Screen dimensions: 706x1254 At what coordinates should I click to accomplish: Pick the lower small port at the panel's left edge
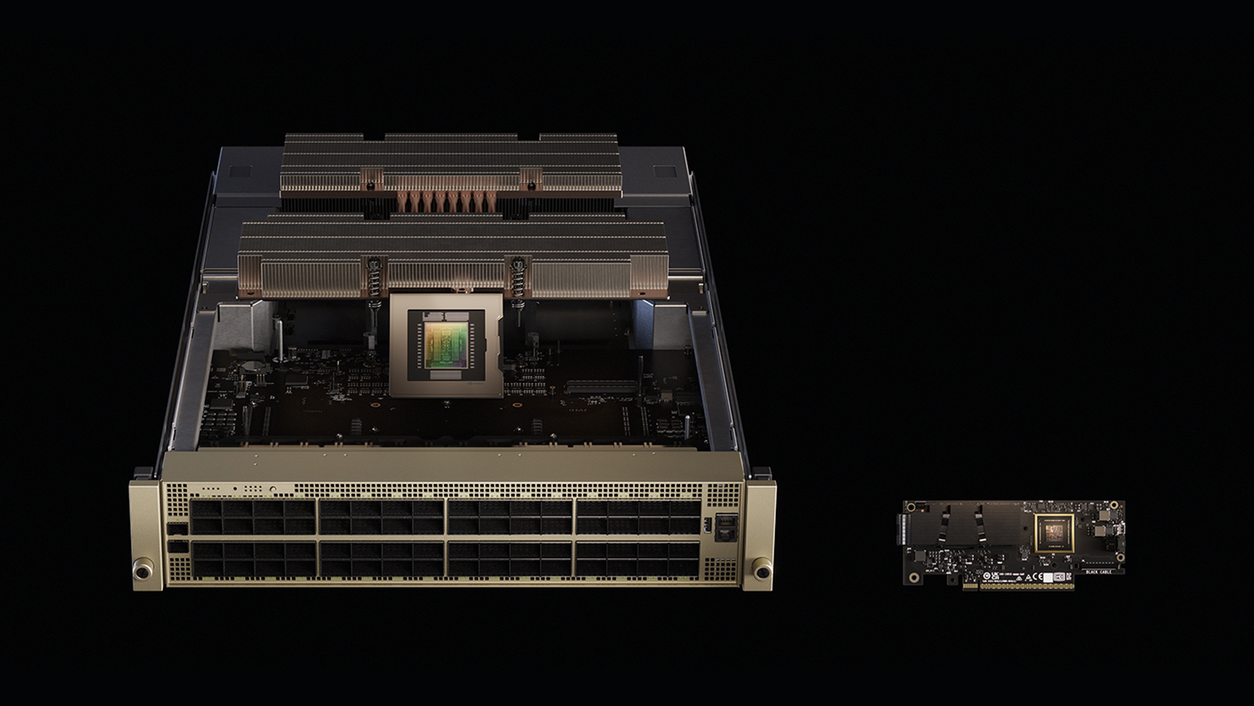(178, 547)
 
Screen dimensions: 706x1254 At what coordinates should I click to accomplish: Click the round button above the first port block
(273, 489)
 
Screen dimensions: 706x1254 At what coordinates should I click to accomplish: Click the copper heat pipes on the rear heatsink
(447, 201)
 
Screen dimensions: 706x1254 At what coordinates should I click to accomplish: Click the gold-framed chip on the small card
(1054, 533)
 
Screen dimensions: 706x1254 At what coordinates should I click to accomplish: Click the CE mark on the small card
(1038, 577)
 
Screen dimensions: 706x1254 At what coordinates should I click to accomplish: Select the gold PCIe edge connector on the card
(1027, 586)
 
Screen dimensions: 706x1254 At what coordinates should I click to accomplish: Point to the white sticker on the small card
(1048, 577)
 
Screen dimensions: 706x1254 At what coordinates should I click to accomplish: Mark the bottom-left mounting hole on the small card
(914, 577)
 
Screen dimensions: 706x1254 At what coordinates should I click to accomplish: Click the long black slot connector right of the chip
(1099, 562)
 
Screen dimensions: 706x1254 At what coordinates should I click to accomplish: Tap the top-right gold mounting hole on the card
(1114, 505)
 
